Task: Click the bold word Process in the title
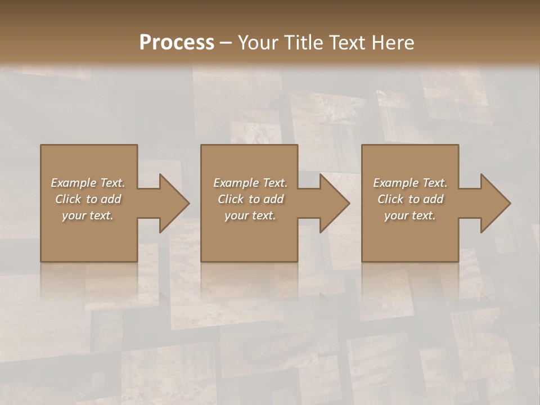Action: tap(177, 43)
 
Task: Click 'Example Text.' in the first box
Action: tap(88, 183)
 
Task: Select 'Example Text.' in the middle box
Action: tap(250, 183)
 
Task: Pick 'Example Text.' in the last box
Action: tap(410, 183)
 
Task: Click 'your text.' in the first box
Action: tap(88, 215)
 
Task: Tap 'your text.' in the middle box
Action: tap(250, 215)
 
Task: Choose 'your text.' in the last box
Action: tap(410, 215)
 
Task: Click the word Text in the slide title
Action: tap(346, 43)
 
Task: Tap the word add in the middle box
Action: tap(273, 199)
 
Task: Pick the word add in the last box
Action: tap(433, 199)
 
